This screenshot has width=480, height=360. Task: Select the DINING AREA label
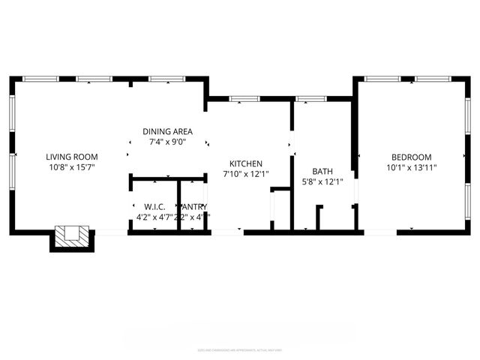[167, 131]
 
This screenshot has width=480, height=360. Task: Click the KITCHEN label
[245, 163]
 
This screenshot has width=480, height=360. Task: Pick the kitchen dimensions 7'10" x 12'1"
[245, 174]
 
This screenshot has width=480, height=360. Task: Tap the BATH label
[322, 171]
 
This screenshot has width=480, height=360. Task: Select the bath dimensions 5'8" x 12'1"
[322, 181]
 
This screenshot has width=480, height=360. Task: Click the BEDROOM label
[411, 157]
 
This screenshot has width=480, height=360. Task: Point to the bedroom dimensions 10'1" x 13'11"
[411, 167]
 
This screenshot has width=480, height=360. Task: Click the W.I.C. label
[154, 206]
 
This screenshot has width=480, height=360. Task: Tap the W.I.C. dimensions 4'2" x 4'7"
[154, 217]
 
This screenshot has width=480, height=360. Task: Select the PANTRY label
[194, 206]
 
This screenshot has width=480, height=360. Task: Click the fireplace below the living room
[73, 238]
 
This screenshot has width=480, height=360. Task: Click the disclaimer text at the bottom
[240, 349]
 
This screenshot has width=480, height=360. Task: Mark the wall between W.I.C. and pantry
[177, 205]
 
